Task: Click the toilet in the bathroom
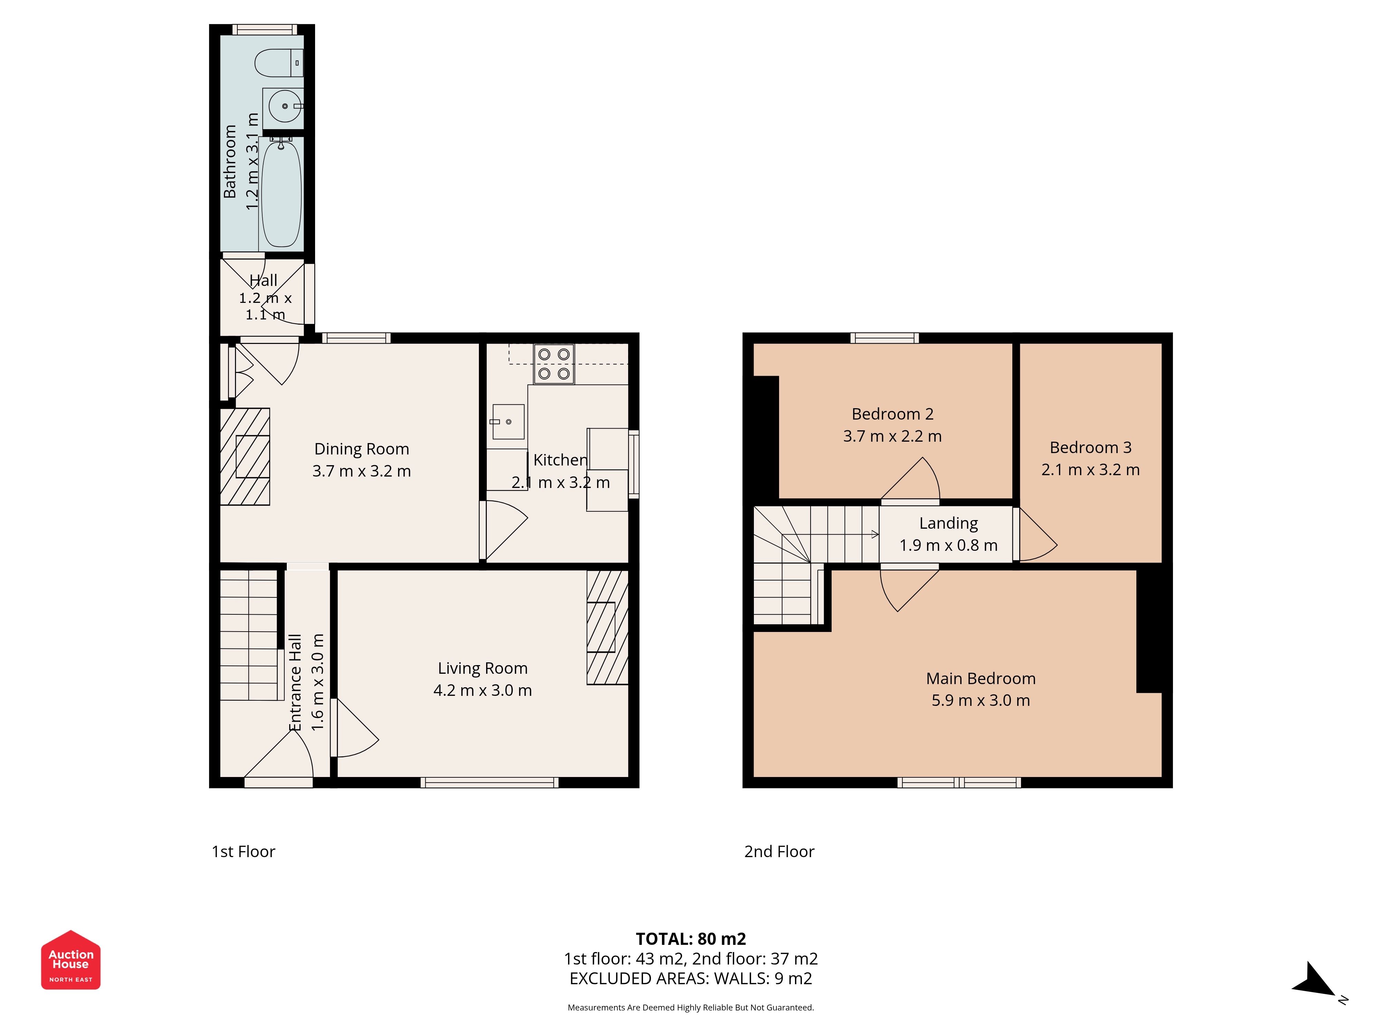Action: [279, 63]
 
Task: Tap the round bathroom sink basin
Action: [285, 106]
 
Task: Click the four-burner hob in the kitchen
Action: [553, 364]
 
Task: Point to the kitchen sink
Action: [508, 422]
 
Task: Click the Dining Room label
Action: [362, 449]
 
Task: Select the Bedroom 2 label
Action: [892, 414]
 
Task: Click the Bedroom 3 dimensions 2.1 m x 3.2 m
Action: [1090, 470]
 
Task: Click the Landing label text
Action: [948, 523]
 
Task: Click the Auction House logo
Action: [70, 960]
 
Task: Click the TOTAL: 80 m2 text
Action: [691, 939]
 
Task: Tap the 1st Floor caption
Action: [244, 852]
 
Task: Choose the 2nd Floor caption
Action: [779, 852]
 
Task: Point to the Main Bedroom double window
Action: [959, 783]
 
